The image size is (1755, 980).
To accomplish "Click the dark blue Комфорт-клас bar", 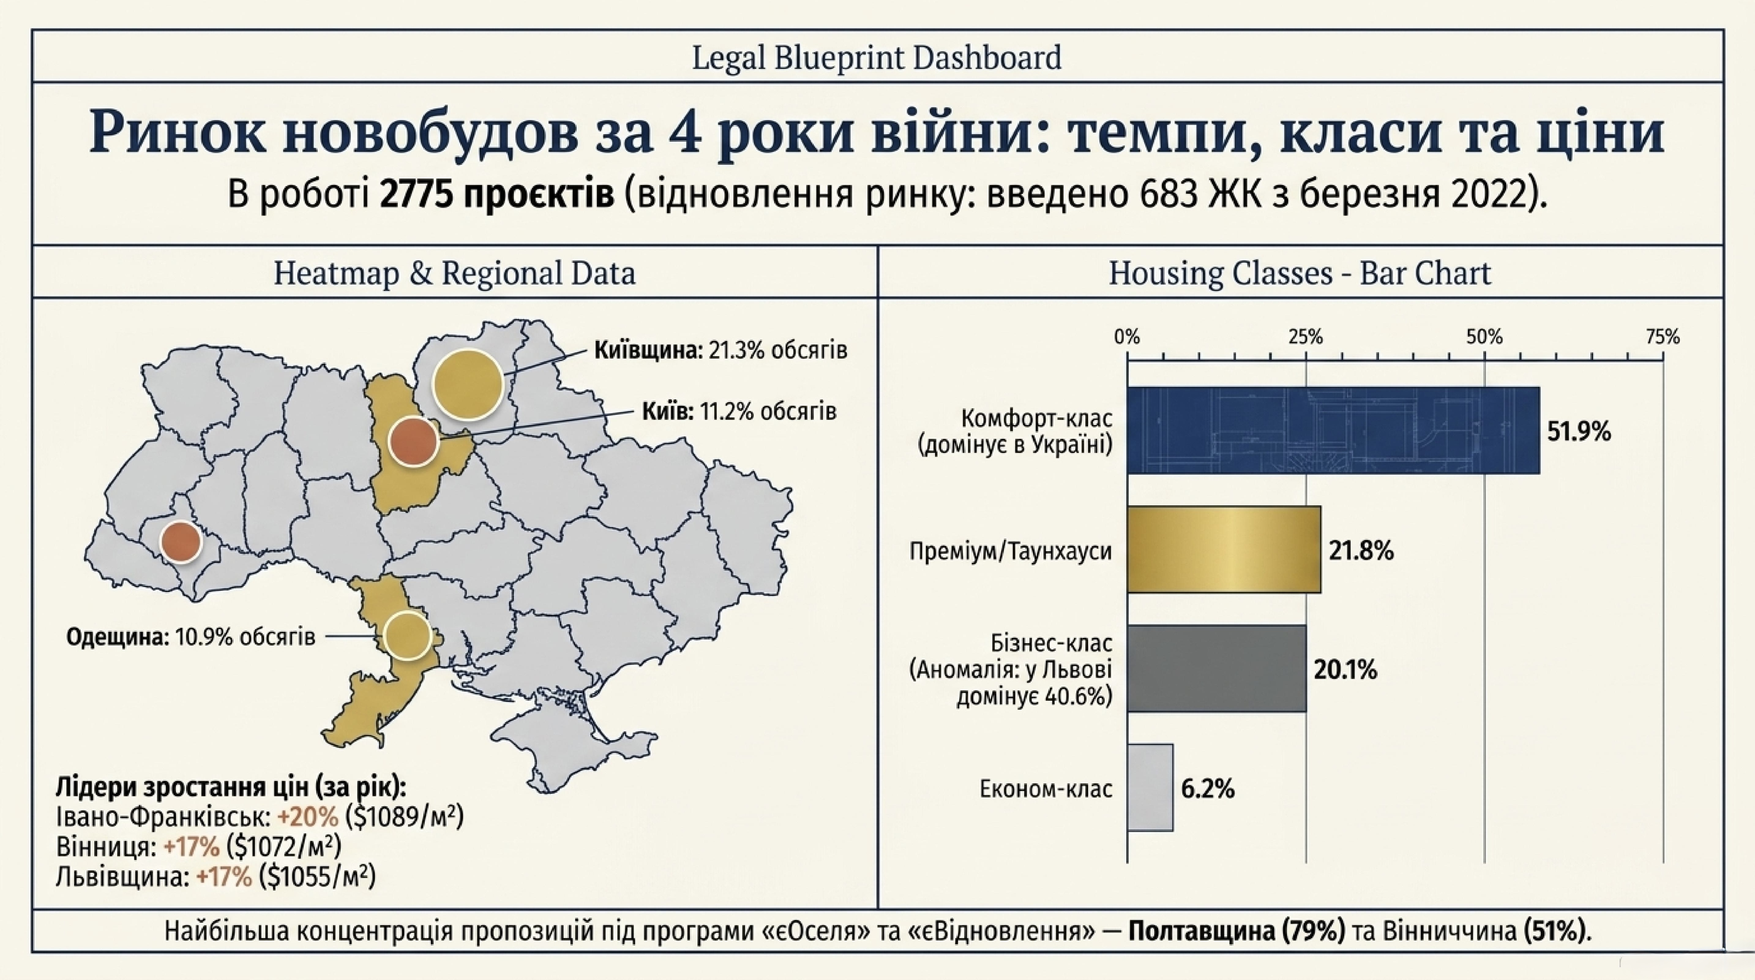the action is click(x=1333, y=431).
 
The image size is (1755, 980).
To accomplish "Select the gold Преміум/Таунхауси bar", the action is click(x=1224, y=549).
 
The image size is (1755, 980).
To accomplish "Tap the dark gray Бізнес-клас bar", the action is click(x=1217, y=669).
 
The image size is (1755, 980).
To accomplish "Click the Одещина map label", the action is click(x=191, y=637).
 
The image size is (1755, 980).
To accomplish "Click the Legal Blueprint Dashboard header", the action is click(x=877, y=57).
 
